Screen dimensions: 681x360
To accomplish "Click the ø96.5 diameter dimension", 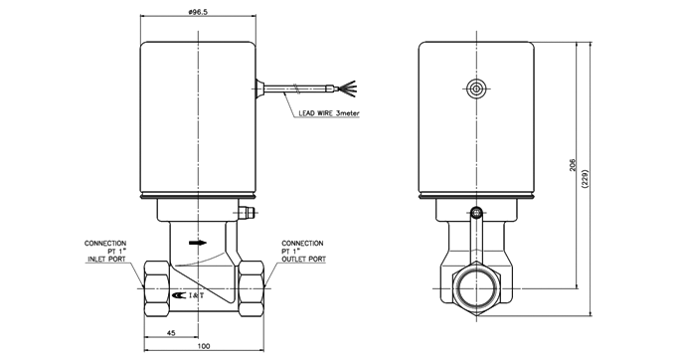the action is click(198, 12).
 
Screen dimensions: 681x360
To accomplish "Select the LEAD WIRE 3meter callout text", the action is click(329, 113).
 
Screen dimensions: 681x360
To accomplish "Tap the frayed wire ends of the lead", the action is click(348, 89).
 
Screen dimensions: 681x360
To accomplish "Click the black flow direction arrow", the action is click(198, 243).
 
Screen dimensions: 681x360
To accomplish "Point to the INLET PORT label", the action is click(106, 259).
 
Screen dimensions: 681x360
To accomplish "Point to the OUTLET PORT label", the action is click(303, 259).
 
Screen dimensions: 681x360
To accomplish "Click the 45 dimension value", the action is click(171, 332).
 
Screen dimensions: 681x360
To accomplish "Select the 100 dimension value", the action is click(203, 346).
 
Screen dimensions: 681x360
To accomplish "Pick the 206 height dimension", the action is click(573, 164).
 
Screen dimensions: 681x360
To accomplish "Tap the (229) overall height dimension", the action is click(585, 178).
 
